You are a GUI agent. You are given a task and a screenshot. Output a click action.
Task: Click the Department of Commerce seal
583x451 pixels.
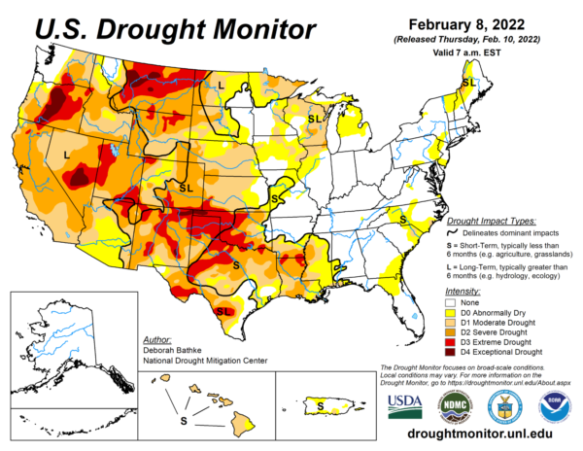[503, 403]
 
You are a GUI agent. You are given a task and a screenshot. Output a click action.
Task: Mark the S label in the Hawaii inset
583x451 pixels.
[183, 420]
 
